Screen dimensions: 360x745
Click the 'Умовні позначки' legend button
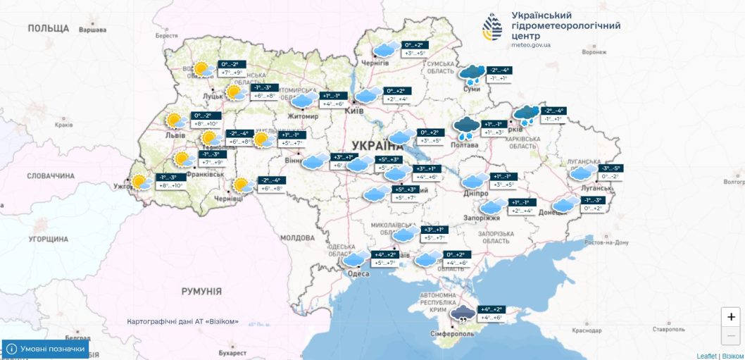(46, 349)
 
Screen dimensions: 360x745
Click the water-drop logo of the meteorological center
(493, 27)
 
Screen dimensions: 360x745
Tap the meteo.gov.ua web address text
(532, 44)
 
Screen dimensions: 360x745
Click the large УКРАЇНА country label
(377, 144)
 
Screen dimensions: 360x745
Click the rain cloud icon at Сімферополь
(463, 314)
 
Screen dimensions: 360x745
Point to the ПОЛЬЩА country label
(49, 28)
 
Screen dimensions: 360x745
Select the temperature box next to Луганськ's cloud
(611, 173)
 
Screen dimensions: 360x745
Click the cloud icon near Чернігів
(384, 50)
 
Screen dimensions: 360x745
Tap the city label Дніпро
(476, 193)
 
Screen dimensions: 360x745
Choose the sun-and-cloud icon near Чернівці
(243, 185)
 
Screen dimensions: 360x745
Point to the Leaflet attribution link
(706, 356)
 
